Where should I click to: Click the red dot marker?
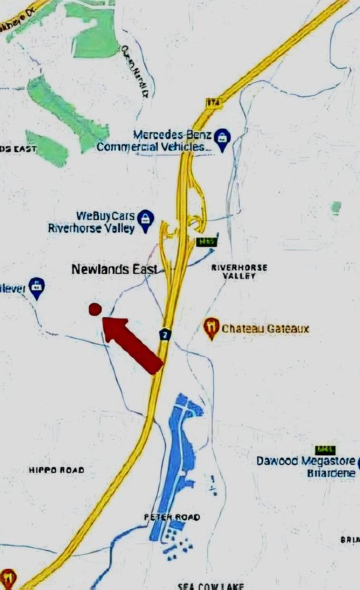(95, 309)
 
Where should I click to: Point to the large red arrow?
(133, 346)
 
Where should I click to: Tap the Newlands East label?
(115, 269)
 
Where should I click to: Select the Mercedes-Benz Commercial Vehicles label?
(154, 140)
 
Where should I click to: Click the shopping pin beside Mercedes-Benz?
(221, 139)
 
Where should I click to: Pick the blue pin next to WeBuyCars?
(145, 220)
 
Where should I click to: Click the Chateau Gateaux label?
(265, 329)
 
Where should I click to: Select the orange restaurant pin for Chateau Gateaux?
(211, 328)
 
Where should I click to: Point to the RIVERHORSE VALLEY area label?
(239, 272)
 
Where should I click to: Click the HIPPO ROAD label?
(57, 470)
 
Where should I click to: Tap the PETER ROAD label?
(172, 517)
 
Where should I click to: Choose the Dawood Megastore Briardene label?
(306, 467)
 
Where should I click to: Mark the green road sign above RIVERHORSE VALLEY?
(204, 241)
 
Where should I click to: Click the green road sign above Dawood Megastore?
(326, 449)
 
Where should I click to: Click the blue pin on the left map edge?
(37, 287)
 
